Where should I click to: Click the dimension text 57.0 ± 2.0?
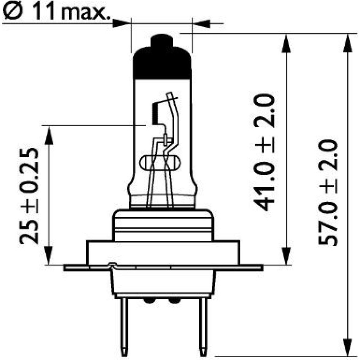[328, 193]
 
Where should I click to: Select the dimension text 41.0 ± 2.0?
[264, 152]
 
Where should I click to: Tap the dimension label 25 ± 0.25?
[29, 196]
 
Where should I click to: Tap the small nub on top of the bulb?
[162, 40]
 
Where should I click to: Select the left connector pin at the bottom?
[124, 327]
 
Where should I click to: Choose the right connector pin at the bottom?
[203, 327]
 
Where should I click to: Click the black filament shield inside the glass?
[156, 114]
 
